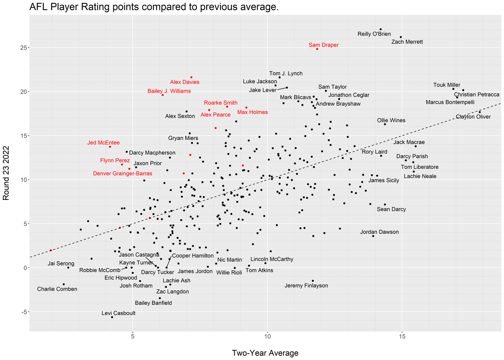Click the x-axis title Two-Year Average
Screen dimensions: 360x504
coord(265,353)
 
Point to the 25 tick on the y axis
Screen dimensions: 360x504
coord(21,47)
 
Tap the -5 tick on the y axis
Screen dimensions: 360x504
coord(21,312)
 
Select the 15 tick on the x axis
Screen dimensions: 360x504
coord(402,338)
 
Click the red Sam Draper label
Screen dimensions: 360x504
coord(323,45)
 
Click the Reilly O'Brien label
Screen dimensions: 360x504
coord(374,34)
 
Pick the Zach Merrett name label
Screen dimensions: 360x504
coord(407,42)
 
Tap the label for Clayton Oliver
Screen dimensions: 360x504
coord(473,117)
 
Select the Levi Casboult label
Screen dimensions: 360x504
coord(118,313)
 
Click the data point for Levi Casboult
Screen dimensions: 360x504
coord(112,317)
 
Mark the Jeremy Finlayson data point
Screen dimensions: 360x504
coord(313,281)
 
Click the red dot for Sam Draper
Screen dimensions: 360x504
coord(317,49)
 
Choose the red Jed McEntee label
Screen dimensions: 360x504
coord(103,143)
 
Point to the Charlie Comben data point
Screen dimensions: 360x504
coord(64,284)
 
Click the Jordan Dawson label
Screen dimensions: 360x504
coord(379,232)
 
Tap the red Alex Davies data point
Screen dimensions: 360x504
coord(192,77)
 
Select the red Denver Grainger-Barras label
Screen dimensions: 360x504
coord(123,173)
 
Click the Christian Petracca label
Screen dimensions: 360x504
coord(476,95)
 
